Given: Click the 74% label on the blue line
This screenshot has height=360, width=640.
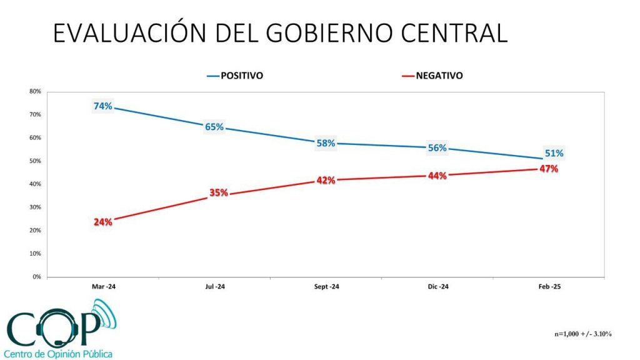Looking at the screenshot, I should click(103, 106).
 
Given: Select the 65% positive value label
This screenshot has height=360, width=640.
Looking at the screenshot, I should click(214, 127).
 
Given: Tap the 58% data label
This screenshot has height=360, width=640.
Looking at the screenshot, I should click(326, 143).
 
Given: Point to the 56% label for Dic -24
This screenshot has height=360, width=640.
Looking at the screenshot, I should click(437, 148).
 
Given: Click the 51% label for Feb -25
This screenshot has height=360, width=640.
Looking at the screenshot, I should click(554, 153).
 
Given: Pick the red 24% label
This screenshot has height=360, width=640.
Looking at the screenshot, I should click(103, 222).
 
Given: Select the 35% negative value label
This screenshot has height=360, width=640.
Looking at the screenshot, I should click(219, 192).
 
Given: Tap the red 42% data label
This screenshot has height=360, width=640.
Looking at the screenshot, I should click(326, 181).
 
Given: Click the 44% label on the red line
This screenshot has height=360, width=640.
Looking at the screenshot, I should click(437, 176).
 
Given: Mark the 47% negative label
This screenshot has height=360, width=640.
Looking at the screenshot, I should click(549, 169).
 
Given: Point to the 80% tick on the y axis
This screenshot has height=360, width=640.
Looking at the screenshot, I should click(35, 92).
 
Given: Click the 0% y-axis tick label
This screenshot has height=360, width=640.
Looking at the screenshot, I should click(37, 277).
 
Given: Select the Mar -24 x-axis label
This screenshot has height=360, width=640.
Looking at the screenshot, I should click(104, 287).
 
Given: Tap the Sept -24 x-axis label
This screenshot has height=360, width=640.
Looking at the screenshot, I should click(326, 287).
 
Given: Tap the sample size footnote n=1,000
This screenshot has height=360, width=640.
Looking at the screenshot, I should click(583, 334).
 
